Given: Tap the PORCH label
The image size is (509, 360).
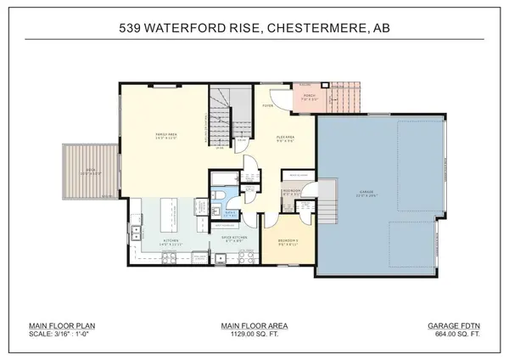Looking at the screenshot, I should click(310, 95).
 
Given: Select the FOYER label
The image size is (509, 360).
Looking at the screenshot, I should click(266, 107).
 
